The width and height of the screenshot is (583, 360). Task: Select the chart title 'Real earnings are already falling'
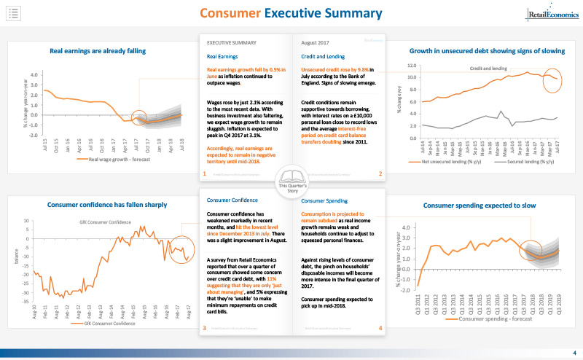(x=98, y=51)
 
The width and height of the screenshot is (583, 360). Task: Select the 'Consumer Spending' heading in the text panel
(x=324, y=200)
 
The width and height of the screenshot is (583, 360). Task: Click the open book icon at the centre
(x=292, y=179)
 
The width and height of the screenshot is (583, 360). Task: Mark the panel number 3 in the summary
(x=205, y=328)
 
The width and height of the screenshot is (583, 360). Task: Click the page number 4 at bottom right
(x=573, y=353)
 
